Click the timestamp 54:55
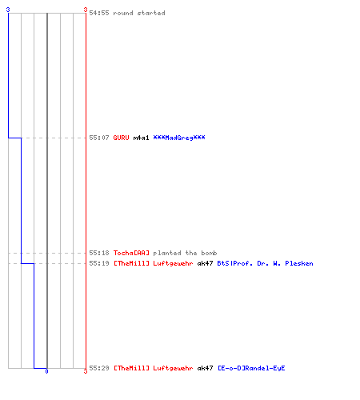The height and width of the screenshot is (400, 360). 99,13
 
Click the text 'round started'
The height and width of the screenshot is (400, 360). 139,13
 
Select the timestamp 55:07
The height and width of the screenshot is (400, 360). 99,138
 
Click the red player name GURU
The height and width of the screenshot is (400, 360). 121,138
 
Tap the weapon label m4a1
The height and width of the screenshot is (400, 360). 141,138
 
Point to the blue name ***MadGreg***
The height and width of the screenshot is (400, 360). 179,138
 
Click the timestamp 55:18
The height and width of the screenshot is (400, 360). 99,253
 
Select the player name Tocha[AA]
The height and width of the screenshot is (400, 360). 131,253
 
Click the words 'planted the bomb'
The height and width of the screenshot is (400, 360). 185,253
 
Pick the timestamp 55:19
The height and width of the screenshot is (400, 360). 99,263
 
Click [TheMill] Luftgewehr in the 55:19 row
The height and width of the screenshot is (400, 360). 153,263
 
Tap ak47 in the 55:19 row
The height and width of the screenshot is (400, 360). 205,263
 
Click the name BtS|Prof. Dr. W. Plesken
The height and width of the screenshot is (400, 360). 265,263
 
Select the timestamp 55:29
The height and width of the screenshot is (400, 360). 99,368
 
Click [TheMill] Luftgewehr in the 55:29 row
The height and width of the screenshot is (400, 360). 153,368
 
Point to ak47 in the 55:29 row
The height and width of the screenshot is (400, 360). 205,368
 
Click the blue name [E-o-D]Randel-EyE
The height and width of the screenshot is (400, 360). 251,368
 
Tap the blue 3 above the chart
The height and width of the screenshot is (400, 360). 8,10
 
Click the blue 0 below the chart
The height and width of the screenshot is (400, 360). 46,371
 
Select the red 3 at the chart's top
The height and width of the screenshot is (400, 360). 86,10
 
